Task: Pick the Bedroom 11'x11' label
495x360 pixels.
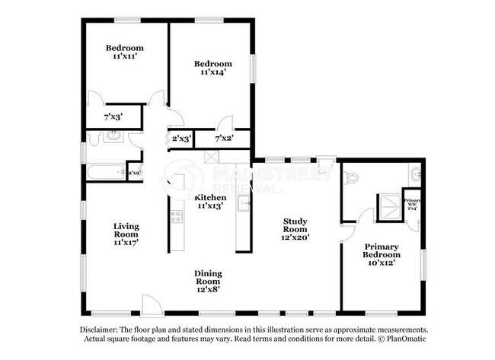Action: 125,53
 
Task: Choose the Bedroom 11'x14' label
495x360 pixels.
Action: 212,67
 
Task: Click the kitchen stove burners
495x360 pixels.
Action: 176,215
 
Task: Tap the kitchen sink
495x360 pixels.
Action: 244,203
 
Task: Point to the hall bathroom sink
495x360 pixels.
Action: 113,137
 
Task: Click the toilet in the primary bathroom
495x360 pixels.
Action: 350,177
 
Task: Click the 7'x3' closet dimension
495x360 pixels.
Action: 113,116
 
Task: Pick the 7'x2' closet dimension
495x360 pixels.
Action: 223,139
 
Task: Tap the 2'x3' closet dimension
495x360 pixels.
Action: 180,139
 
